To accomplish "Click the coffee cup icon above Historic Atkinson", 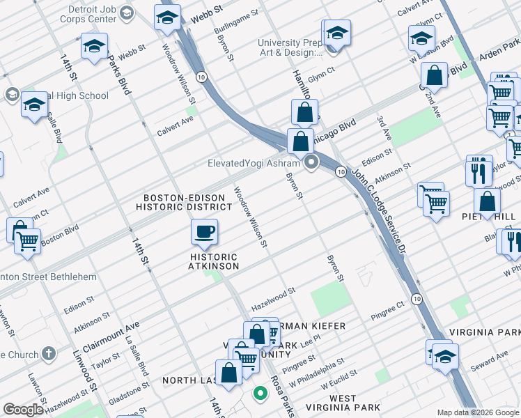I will point(204,232).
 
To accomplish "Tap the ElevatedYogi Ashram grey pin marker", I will point(311,164).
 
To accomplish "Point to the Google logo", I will point(23,410).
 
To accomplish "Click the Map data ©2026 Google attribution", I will point(479,412).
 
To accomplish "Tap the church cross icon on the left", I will point(48,355).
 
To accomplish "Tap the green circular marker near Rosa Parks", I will point(260,394).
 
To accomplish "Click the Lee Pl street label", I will point(311,337).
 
